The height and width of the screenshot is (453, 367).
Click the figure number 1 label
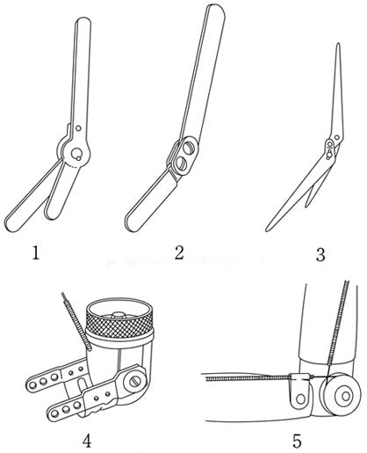click(x=36, y=252)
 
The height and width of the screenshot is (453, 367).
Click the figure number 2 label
click(x=179, y=252)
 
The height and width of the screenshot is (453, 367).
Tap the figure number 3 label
click(x=320, y=254)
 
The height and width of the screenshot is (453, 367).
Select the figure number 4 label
click(x=87, y=441)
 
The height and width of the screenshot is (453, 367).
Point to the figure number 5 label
click(x=297, y=441)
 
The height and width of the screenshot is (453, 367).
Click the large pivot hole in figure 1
click(x=77, y=153)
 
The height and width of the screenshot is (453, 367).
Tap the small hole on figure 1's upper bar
click(x=78, y=128)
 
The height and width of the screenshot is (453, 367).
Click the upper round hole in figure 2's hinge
click(x=189, y=148)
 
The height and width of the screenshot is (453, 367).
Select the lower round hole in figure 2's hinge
click(x=182, y=164)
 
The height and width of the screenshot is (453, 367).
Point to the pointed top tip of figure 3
click(x=338, y=44)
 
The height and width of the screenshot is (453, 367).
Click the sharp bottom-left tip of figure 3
click(x=267, y=230)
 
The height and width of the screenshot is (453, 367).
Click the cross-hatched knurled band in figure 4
click(x=119, y=324)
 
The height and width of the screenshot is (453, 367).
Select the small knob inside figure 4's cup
click(x=118, y=315)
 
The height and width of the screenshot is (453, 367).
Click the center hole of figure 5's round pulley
click(x=346, y=396)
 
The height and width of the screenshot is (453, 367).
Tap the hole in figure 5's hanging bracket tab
click(x=300, y=398)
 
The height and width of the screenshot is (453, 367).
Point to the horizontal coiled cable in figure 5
click(x=248, y=378)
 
